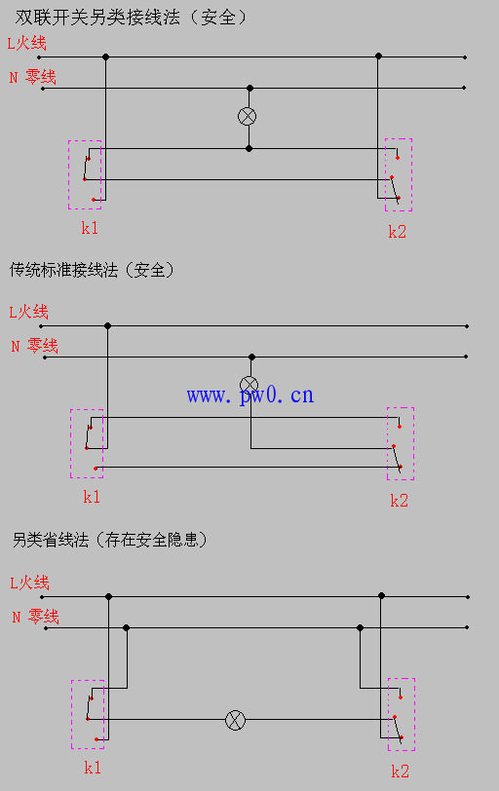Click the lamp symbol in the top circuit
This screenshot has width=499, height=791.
click(247, 117)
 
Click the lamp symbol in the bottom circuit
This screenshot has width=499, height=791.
click(235, 720)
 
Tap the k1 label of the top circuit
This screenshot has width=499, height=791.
click(90, 228)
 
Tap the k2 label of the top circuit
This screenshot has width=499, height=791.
click(397, 232)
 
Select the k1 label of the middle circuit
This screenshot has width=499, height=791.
click(92, 497)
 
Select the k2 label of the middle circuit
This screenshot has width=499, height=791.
click(399, 501)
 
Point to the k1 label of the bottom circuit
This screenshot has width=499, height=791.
click(93, 768)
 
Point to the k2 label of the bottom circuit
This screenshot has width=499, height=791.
click(401, 772)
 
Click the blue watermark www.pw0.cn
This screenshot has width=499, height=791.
click(250, 395)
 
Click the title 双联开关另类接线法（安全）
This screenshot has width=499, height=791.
click(131, 18)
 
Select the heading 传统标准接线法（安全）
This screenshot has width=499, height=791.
click(92, 270)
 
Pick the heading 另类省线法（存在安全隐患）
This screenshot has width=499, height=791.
click(110, 541)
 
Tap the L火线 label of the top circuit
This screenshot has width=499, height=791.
click(26, 44)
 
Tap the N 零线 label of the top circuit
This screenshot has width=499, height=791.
click(33, 77)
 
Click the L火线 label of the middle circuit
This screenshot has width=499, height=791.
click(29, 313)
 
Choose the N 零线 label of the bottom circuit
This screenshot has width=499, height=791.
click(36, 617)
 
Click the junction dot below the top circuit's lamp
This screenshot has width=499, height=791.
click(249, 149)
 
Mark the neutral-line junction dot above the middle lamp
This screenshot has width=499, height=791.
click(251, 358)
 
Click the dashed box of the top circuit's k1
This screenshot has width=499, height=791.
click(68, 174)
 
